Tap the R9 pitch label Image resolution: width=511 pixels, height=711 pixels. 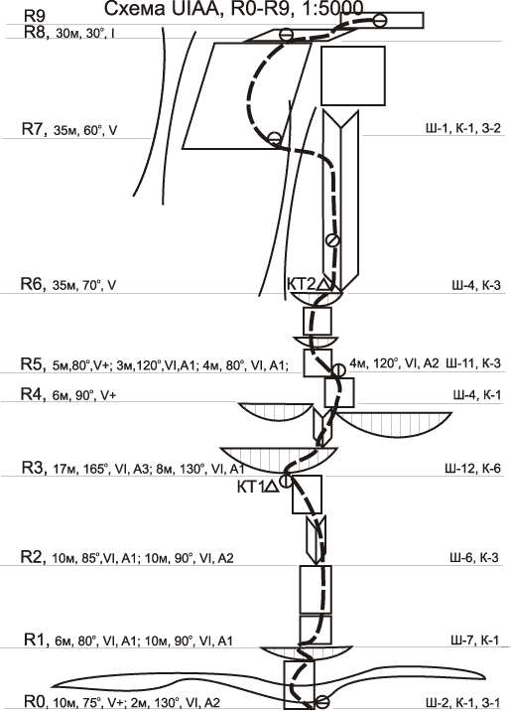(35, 16)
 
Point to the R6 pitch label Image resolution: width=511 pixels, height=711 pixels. (33, 284)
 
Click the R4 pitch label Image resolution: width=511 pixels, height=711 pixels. (33, 393)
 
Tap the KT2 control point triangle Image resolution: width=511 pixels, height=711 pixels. (323, 284)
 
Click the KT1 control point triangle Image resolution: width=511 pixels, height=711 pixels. (271, 487)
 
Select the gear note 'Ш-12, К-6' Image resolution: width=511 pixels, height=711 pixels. (472, 469)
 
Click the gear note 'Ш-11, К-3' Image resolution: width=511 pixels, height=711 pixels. (473, 363)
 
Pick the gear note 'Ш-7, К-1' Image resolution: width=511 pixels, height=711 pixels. (474, 640)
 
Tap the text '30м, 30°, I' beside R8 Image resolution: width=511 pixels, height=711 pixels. (84, 34)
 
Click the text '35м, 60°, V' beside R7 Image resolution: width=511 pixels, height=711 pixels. (85, 131)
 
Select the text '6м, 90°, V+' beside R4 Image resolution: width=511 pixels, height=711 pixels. (84, 395)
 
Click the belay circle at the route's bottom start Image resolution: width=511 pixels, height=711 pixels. (322, 701)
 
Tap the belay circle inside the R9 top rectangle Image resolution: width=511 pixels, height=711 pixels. (380, 20)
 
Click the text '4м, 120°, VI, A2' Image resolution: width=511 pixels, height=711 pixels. (394, 362)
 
